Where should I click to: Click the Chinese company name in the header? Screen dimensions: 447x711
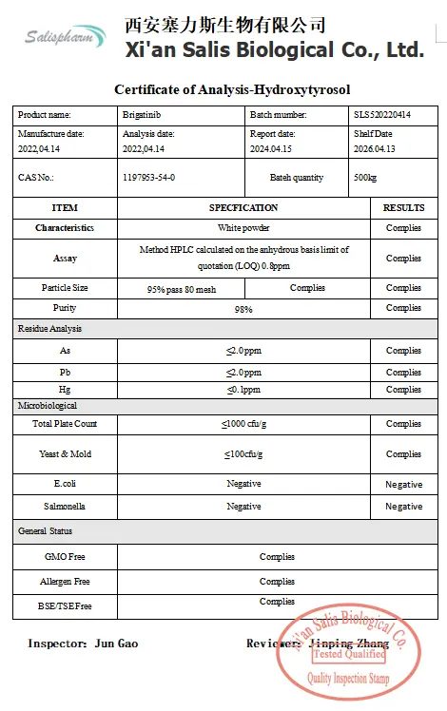[225, 25]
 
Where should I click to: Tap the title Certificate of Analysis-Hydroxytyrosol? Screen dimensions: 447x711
[232, 90]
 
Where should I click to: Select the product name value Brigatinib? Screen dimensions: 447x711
[142, 115]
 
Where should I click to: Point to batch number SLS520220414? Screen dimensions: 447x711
[382, 115]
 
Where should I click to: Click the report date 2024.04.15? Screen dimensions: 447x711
[272, 149]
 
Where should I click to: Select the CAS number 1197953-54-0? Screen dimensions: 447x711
[149, 178]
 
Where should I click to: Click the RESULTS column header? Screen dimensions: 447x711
[403, 207]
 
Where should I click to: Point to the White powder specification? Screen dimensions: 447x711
[243, 228]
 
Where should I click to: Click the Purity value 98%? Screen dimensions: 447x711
[243, 309]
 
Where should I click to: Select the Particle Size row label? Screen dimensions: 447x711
[65, 288]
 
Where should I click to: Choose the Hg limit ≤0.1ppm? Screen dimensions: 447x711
[243, 390]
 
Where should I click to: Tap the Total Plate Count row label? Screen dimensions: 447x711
[65, 424]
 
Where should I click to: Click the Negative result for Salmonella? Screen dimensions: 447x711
[403, 507]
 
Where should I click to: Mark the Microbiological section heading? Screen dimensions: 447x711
[48, 406]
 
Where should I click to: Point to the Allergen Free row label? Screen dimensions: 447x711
[65, 581]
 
